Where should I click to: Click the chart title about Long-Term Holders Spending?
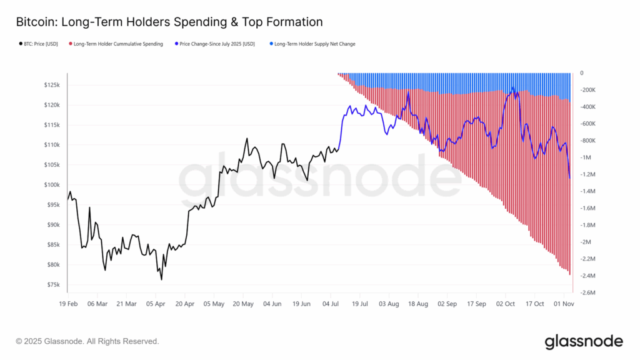click(x=169, y=22)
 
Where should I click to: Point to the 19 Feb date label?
click(x=67, y=304)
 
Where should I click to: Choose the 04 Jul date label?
click(x=331, y=304)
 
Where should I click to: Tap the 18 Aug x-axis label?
click(x=418, y=304)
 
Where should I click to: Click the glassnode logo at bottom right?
click(x=584, y=341)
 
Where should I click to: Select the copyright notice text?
click(x=87, y=341)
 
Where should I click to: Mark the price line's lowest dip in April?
click(x=161, y=279)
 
